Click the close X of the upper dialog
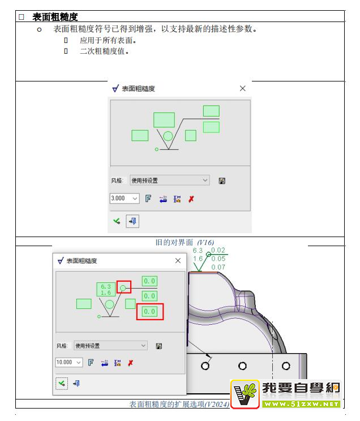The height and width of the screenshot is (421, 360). (x=242, y=88)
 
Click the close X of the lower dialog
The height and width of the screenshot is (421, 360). (x=178, y=260)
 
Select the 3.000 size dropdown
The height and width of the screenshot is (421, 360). (x=125, y=199)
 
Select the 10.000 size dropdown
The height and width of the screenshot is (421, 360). (x=69, y=363)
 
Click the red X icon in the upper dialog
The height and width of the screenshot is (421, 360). (x=191, y=199)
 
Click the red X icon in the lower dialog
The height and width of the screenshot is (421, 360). (x=130, y=363)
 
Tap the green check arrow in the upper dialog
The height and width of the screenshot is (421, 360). (x=117, y=221)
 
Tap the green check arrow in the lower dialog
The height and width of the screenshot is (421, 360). (x=62, y=384)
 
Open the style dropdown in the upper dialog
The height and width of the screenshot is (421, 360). (x=169, y=180)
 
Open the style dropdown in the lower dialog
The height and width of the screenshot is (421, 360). (x=110, y=346)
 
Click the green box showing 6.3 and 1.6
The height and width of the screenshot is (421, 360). (x=106, y=290)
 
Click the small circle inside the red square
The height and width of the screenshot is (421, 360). (x=123, y=288)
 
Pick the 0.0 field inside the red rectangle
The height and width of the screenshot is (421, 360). (x=149, y=311)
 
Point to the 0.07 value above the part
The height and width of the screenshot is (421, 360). (x=218, y=267)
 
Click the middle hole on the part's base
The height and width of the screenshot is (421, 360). (x=242, y=366)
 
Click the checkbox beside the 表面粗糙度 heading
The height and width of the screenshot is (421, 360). (x=22, y=17)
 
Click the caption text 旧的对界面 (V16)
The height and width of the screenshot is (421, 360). (x=185, y=242)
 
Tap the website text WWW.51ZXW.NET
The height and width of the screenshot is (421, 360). (x=301, y=404)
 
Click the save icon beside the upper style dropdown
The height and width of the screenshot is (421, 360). (x=222, y=181)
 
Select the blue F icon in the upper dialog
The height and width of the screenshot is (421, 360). (x=148, y=199)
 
